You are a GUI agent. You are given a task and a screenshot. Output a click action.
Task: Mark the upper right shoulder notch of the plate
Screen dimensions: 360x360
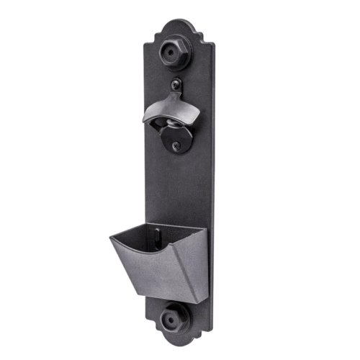coord(210,45)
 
